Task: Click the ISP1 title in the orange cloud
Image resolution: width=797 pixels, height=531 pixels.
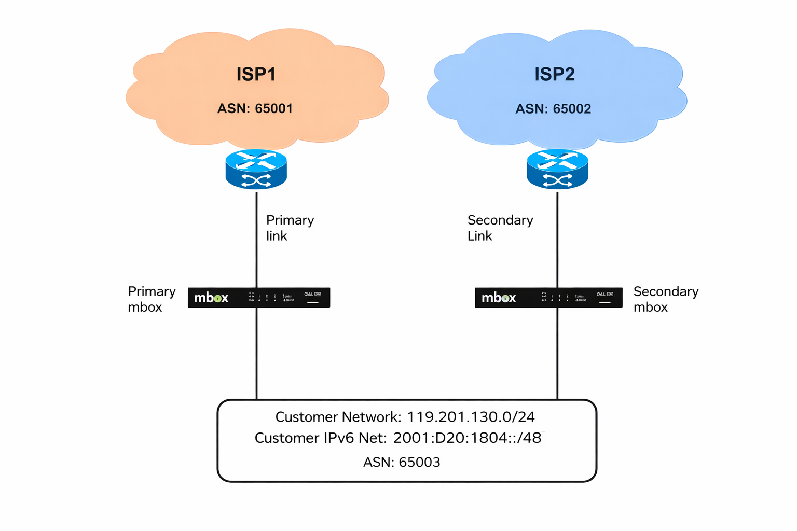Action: [x=256, y=74]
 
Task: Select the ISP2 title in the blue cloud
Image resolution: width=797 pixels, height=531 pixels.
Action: [x=554, y=74]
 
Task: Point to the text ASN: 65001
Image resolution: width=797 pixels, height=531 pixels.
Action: [x=255, y=108]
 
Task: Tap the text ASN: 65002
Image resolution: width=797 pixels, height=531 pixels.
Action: [x=553, y=109]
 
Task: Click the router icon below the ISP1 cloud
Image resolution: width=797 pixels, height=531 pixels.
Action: [x=256, y=170]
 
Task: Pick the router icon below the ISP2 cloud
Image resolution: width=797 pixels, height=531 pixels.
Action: [x=557, y=170]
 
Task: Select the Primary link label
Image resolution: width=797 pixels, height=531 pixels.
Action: [x=290, y=228]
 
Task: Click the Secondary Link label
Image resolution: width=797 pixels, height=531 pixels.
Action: [x=500, y=228]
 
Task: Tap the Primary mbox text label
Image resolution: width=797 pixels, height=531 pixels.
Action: [x=152, y=299]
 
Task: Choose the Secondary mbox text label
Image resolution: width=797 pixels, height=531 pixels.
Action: [x=666, y=299]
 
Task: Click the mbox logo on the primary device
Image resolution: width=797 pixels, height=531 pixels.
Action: [x=211, y=298]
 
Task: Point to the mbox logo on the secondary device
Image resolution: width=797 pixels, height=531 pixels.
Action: [x=499, y=298]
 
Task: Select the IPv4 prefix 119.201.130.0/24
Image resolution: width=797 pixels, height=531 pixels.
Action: [x=471, y=417]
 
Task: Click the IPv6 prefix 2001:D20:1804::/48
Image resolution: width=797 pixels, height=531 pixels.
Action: [x=467, y=438]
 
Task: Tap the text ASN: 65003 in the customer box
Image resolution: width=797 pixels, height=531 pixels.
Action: [x=402, y=462]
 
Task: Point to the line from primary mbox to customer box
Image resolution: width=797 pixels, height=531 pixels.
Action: [x=256, y=353]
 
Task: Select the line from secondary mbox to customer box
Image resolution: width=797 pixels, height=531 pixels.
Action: [x=557, y=353]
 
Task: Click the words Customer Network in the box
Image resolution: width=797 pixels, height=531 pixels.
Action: [x=337, y=417]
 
